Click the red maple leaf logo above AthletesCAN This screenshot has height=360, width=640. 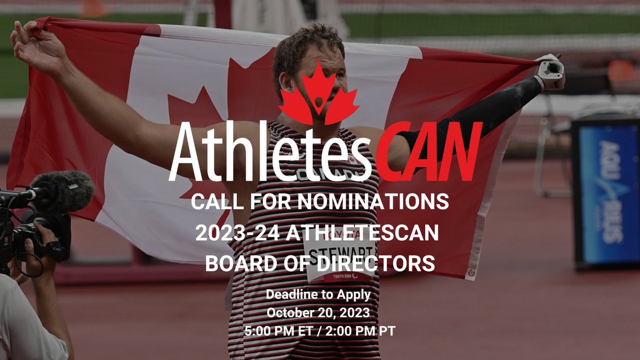click(318, 94)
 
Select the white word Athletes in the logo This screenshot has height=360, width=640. click(269, 152)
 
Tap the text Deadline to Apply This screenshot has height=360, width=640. click(318, 294)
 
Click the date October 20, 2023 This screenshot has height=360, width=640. click(318, 312)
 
